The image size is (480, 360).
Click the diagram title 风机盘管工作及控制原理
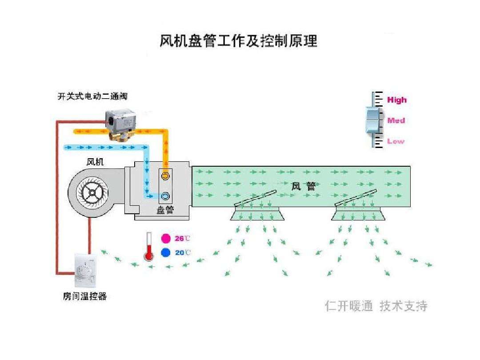238,41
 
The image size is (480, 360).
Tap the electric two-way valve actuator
120,120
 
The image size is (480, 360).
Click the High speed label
396,100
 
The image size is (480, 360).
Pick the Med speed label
396,120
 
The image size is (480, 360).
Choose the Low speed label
396,141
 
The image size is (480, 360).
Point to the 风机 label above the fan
95,162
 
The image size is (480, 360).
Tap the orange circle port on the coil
165,176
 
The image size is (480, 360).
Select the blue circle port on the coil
165,196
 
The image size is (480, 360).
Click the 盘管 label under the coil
165,210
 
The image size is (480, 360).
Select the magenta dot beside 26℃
166,239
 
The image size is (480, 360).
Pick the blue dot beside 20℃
166,252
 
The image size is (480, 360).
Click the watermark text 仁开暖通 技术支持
376,306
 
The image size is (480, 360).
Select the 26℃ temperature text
182,239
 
